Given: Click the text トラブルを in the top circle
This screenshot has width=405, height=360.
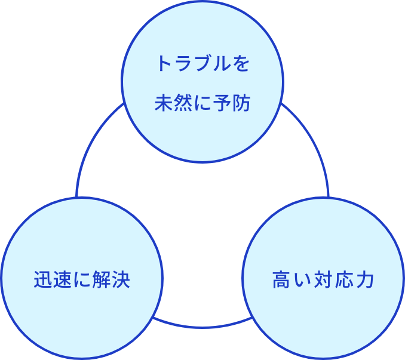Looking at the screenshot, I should (202, 64).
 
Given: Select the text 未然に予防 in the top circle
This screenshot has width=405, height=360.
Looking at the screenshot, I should (202, 103).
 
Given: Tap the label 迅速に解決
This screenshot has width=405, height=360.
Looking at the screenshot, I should (82, 279).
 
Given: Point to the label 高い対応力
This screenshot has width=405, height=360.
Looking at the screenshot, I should (323, 279).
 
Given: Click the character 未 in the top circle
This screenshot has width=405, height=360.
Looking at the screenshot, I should (164, 103).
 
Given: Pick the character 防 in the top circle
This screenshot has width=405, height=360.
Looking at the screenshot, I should (241, 103).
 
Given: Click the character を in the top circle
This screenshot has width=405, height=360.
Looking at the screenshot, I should (241, 64).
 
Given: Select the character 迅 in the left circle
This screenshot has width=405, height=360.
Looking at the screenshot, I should (43, 279).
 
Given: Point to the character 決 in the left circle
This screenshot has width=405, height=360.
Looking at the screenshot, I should (120, 279).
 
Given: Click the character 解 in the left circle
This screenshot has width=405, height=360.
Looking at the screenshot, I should (101, 279).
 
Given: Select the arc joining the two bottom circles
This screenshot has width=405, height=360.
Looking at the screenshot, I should (202, 327).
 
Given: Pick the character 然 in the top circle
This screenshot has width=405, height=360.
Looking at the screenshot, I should (183, 103).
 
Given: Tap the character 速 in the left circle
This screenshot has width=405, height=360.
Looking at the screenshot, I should (62, 279).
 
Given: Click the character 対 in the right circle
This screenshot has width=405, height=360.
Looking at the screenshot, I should (324, 279).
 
